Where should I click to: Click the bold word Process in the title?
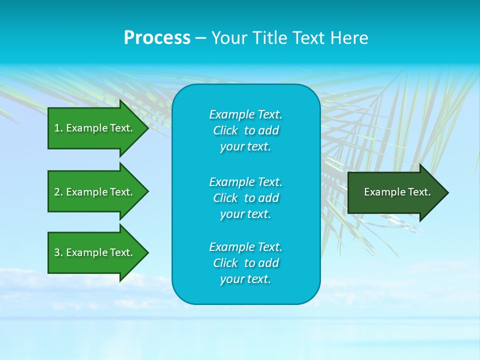point(157,38)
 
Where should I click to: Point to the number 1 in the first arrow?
point(57,128)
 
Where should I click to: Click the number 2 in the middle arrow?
point(57,192)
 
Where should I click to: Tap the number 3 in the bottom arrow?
point(57,252)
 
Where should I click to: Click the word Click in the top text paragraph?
point(225,131)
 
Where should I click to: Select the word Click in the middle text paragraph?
point(225,198)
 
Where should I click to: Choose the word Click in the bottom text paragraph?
point(225,263)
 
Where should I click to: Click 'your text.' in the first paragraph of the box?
point(245,147)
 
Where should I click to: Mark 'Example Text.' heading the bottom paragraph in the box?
point(245,247)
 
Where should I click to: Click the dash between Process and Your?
point(200,38)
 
